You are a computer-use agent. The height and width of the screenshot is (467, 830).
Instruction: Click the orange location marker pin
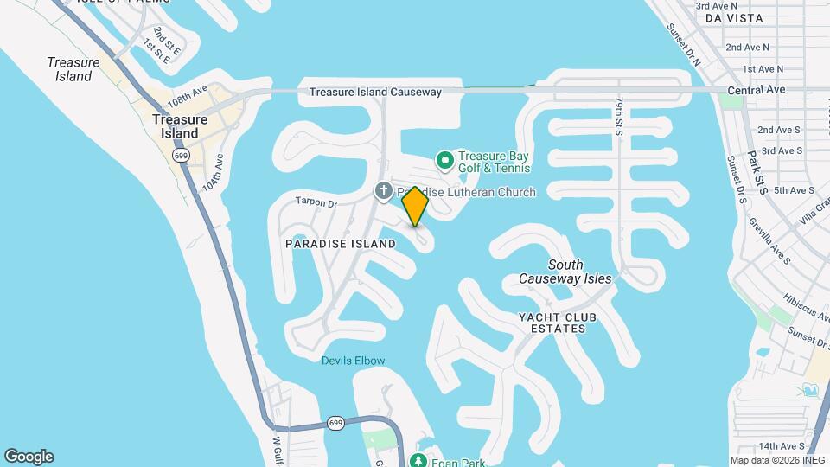(416, 206)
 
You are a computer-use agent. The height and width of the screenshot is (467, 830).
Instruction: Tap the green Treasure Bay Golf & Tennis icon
(445, 160)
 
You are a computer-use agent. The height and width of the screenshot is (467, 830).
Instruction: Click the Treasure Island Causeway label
(375, 92)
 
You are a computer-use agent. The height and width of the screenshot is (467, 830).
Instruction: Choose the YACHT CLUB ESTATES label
(558, 323)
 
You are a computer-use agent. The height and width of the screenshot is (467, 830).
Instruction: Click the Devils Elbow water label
(353, 361)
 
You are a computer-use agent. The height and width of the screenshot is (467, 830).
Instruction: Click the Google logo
(29, 457)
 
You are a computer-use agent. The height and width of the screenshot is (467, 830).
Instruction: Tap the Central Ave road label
(756, 89)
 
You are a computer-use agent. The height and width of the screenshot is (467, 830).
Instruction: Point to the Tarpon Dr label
(315, 202)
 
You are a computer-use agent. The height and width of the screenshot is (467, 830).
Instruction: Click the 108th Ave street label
(188, 91)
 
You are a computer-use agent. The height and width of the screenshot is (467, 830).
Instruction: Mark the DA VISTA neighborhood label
(734, 17)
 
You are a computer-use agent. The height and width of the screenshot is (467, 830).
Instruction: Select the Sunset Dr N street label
(683, 40)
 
